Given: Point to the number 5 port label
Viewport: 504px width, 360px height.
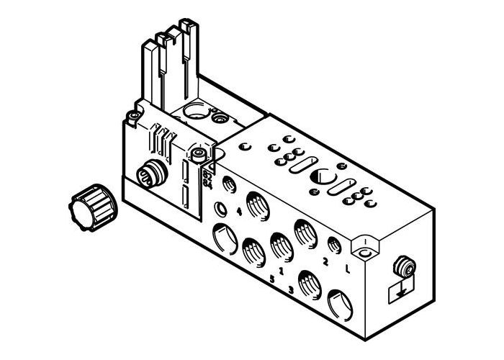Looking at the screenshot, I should click(271, 277).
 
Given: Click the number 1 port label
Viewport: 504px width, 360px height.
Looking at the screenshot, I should click(281, 266).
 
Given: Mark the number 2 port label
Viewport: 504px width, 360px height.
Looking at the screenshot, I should click(325, 262).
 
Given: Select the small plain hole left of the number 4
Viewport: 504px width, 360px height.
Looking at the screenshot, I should click(220, 210).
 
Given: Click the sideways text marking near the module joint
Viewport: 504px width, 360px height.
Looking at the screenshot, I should click(209, 176).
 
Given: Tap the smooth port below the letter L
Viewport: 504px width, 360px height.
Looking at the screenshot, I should click(341, 303).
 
